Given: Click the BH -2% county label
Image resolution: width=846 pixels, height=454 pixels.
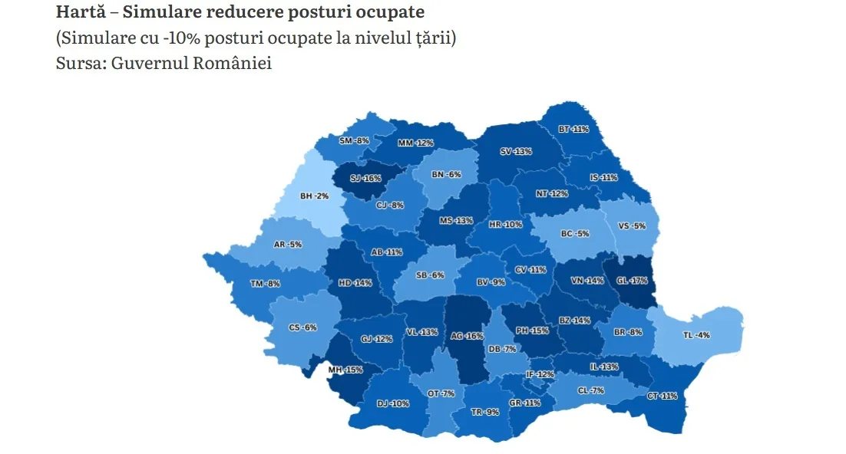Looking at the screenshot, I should coord(315,196).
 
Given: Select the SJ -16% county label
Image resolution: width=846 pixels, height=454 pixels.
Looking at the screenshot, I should coord(365,179).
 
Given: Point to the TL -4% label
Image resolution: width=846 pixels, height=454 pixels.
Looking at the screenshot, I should coord(696,335).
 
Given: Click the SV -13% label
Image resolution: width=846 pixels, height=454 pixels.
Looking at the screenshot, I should coord(516,152).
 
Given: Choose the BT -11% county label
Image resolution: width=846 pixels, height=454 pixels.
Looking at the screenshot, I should coord(573,129).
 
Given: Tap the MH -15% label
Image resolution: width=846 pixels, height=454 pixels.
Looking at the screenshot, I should coord(345,370).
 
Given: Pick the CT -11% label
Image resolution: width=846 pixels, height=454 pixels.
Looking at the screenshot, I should coord(663,396).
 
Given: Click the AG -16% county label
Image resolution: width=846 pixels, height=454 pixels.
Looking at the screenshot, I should coord(467,336).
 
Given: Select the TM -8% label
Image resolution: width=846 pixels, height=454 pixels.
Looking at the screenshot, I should coord(266,284).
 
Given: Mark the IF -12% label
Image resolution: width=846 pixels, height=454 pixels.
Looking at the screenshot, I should coord(540,374).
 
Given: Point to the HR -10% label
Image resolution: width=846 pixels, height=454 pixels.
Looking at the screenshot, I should coord(506,225).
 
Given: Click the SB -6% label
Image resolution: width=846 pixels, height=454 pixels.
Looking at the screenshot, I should coord(429,275).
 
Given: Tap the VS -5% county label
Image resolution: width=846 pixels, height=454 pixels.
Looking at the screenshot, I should coord(632,226).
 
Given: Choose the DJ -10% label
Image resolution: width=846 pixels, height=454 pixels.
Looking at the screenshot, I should coord(393,403).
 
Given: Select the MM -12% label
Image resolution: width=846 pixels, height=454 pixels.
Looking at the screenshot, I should coord(416,143).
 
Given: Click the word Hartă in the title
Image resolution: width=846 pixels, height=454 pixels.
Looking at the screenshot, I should coord(79,13).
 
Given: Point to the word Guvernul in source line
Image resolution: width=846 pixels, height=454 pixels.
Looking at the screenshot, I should coord(142,63).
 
